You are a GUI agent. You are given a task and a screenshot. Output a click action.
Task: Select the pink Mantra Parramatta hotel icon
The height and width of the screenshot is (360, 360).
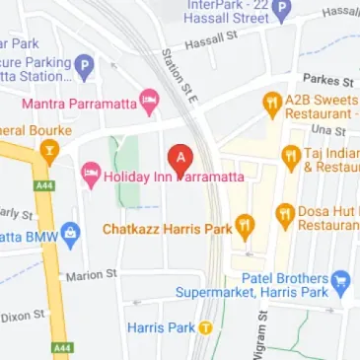149,100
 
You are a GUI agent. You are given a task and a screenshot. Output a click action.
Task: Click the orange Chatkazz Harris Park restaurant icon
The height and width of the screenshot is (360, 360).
245,228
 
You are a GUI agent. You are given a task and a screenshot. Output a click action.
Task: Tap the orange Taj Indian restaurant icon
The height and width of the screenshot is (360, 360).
290,155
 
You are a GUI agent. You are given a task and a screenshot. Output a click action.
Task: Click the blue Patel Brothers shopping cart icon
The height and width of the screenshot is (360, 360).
341,280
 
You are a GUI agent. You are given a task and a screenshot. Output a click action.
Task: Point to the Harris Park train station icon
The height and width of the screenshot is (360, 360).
205,325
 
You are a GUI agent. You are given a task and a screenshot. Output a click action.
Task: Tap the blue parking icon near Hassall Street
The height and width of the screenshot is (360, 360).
282,12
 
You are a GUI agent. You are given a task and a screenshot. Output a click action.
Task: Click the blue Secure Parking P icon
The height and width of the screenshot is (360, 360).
84,67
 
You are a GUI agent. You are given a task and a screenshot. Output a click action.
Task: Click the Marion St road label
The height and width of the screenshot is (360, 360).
91,275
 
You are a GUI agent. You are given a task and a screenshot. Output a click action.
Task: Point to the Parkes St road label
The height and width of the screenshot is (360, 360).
328,80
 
